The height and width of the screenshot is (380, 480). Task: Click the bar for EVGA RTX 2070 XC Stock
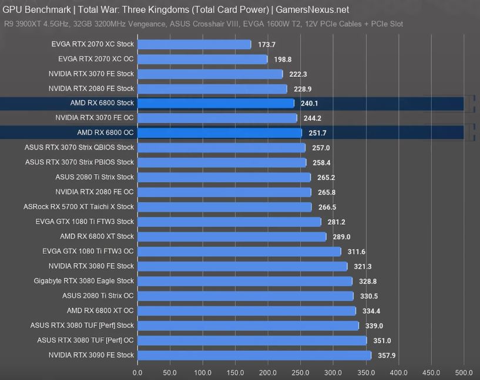coord(194,45)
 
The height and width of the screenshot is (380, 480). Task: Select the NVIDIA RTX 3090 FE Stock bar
coord(254,355)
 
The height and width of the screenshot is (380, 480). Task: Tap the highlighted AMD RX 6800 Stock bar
coord(215,103)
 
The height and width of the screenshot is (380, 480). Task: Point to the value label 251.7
coord(317,133)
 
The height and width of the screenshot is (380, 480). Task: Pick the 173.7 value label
coord(266,45)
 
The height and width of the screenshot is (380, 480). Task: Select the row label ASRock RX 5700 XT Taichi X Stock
coord(79,207)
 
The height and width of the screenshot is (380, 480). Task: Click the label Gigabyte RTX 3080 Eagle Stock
coord(84,281)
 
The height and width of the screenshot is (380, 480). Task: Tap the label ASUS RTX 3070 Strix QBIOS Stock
coord(79,148)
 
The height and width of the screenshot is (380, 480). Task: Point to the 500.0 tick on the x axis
coord(464,372)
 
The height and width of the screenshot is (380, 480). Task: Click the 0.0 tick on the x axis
coord(137,372)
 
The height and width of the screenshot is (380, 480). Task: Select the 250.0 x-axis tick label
coord(301,372)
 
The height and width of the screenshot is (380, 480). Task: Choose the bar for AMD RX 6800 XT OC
coord(247,311)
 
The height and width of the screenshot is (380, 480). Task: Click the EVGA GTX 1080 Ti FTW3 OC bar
coord(239,252)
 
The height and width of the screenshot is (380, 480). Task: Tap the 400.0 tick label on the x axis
coord(398,372)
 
